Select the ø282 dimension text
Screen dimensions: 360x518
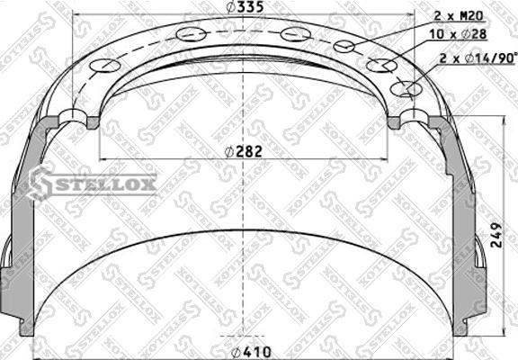click(x=245, y=151)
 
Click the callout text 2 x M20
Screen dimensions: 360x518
click(x=460, y=15)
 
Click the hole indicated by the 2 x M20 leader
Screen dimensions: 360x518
click(x=345, y=46)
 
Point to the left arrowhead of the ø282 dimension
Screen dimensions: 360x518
click(x=101, y=159)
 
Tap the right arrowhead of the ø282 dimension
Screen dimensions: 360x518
click(x=388, y=159)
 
